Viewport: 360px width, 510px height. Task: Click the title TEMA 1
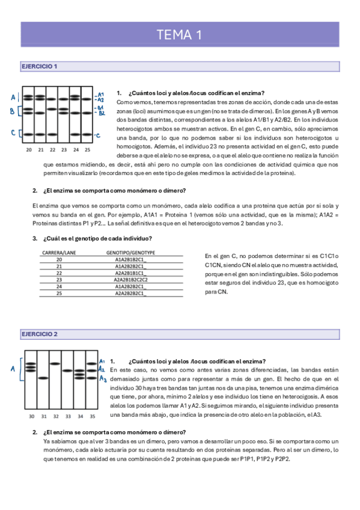(x=179, y=35)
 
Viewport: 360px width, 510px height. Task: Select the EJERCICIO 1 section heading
(x=39, y=66)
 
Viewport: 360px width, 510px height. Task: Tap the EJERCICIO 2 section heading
(x=40, y=334)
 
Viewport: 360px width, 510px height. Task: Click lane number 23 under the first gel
(x=64, y=150)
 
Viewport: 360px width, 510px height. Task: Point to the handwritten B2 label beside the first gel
(x=102, y=113)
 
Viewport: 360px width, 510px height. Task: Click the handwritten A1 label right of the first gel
(x=101, y=94)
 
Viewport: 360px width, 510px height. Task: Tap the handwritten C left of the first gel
(x=13, y=133)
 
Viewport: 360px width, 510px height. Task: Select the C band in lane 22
(x=52, y=134)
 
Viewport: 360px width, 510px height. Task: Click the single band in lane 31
(x=43, y=378)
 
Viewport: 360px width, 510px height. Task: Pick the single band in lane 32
(x=55, y=363)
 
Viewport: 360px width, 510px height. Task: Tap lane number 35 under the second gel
(x=93, y=416)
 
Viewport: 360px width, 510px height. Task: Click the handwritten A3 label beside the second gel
(x=103, y=379)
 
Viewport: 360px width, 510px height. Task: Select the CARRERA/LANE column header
(x=59, y=253)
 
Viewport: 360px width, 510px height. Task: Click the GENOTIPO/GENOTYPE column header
(x=130, y=253)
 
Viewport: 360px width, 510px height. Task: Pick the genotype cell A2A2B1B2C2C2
(x=130, y=280)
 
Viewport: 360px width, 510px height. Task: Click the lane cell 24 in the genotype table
(x=59, y=286)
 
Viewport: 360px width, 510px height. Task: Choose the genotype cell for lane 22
(x=130, y=273)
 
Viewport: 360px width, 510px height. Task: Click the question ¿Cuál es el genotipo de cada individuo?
(x=97, y=238)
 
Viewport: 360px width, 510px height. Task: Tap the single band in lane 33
(x=67, y=370)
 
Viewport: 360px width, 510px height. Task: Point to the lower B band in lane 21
(x=40, y=113)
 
